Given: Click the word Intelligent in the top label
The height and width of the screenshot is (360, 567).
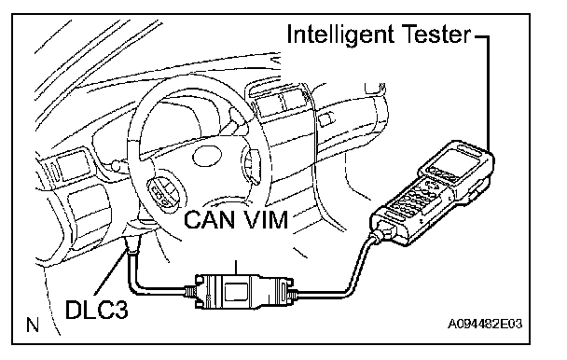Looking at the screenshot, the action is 339,36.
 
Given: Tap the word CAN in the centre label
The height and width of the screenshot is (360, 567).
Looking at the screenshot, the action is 209,219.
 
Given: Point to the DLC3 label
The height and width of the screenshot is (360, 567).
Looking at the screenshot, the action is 97,310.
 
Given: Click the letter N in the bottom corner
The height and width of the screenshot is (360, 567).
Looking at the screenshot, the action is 33,325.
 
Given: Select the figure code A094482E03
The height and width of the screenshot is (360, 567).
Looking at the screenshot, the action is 485,324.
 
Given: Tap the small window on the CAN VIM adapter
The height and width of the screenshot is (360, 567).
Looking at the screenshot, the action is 236,291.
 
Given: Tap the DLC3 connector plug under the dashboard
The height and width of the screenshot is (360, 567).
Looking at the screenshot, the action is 132,244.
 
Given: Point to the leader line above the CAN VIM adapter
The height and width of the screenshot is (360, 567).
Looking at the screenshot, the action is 236,268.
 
